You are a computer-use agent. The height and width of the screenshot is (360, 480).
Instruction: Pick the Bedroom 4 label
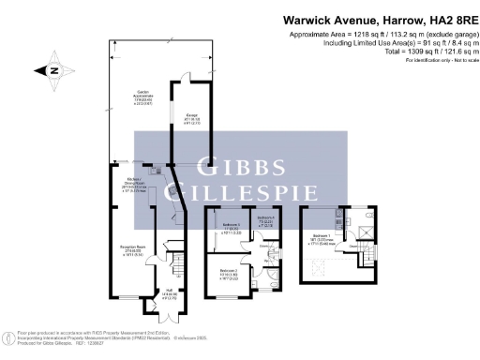(263, 222)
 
